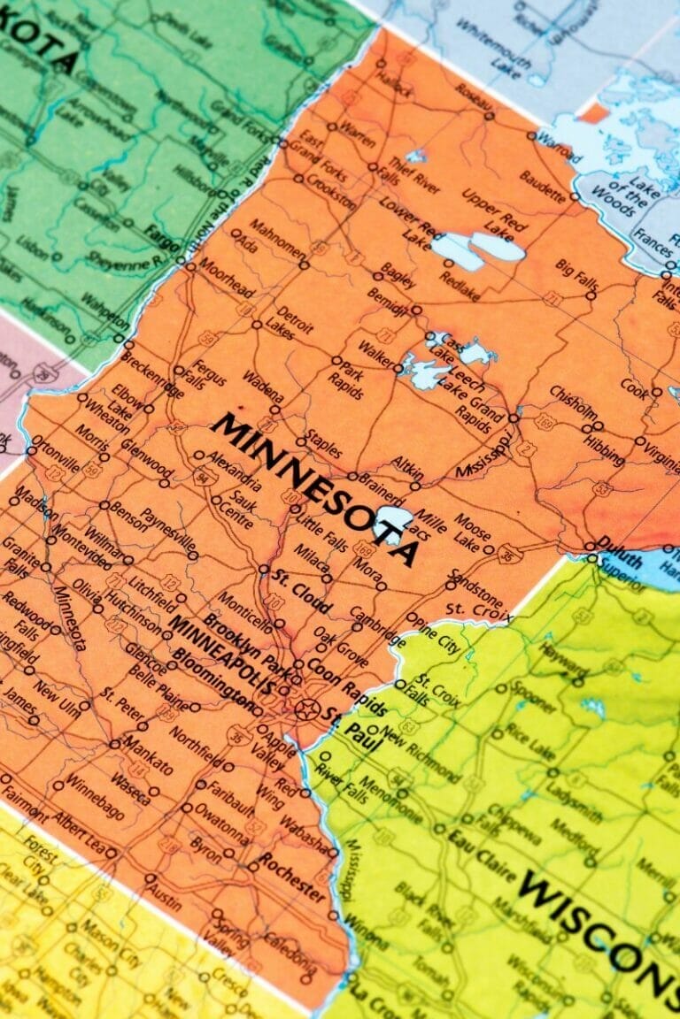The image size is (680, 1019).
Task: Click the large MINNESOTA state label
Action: [x=314, y=487]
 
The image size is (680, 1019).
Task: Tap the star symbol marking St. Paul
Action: [x=306, y=708]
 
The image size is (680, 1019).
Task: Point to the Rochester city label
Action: [x=291, y=875]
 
